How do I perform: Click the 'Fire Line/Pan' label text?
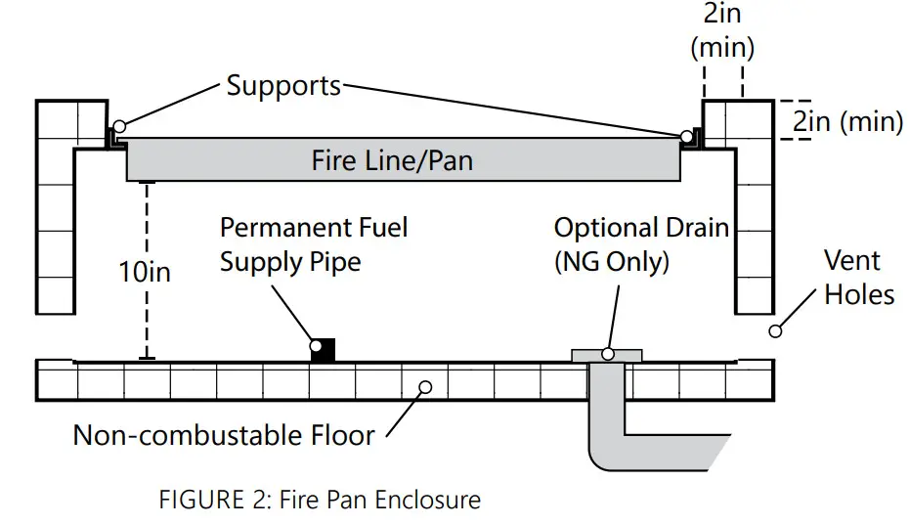click(392, 159)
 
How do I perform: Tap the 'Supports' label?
click(283, 85)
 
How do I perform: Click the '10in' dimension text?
click(145, 271)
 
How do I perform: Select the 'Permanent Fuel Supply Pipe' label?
click(313, 244)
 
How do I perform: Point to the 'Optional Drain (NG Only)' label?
click(641, 244)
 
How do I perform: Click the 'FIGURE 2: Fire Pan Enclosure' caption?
click(320, 500)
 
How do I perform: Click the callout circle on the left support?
click(118, 126)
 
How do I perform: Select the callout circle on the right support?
click(688, 136)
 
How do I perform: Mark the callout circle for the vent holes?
click(775, 331)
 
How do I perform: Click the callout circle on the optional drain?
click(607, 353)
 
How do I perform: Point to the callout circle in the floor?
click(424, 386)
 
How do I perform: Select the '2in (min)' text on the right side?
click(846, 122)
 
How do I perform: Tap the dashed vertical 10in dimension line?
click(147, 225)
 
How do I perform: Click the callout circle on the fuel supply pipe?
click(316, 344)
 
